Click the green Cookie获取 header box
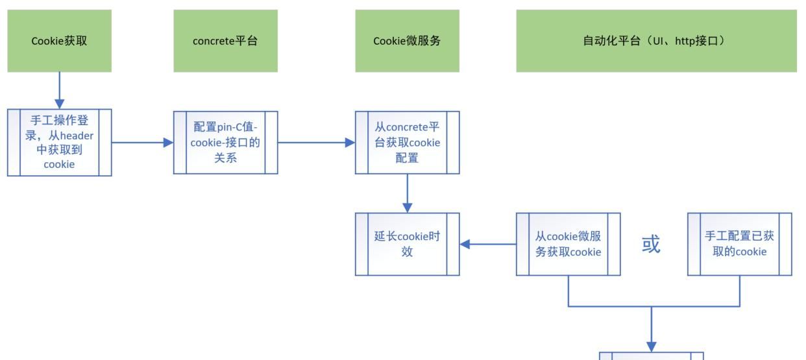[59, 40]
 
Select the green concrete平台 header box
[225, 40]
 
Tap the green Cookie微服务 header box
[407, 40]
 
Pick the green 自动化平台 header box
[656, 40]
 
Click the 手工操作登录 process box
[59, 142]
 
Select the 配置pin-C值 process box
[225, 142]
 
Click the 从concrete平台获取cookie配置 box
[407, 142]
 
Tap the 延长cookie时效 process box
[407, 244]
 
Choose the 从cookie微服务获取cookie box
[568, 244]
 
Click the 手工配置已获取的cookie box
[739, 244]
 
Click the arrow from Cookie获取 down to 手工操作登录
[59, 90]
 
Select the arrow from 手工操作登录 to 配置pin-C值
[142, 142]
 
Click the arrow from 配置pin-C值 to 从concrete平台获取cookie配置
[316, 142]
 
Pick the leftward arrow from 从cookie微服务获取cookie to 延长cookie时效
[487, 245]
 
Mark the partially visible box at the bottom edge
[651, 356]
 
